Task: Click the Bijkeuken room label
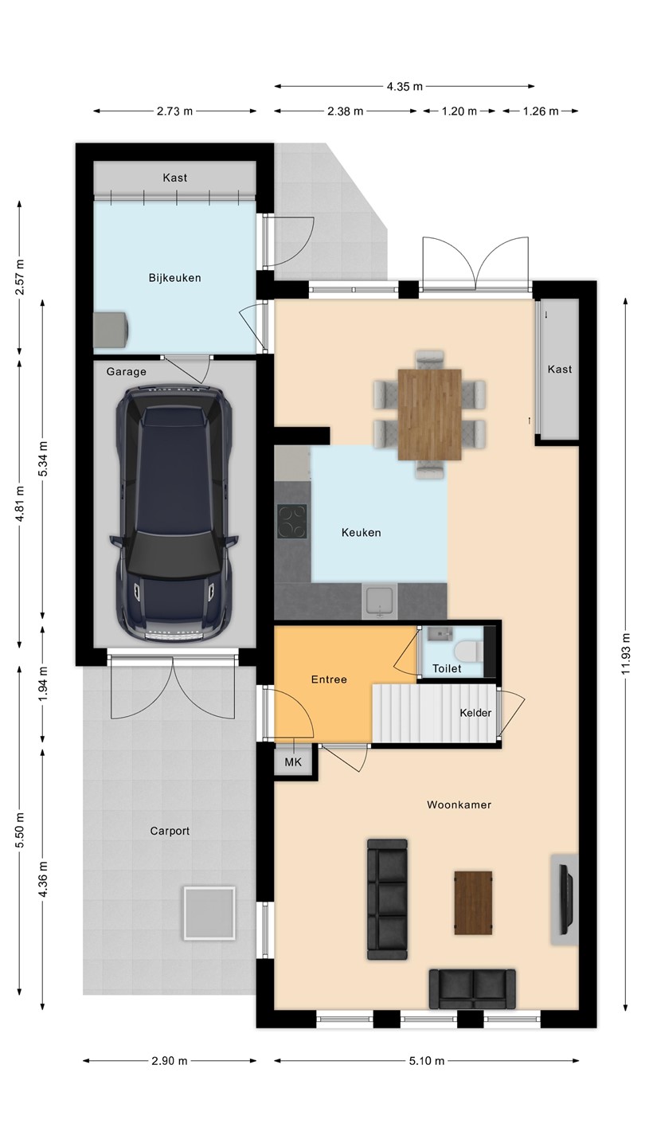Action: [174, 278]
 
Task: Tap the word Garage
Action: [127, 372]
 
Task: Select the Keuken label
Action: [361, 533]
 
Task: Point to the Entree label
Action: [329, 679]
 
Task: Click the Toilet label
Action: [447, 668]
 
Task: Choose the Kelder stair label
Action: [475, 713]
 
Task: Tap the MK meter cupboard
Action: [293, 762]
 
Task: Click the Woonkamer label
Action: [459, 804]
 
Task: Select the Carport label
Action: [170, 831]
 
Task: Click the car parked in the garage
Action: [174, 514]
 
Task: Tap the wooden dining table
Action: [429, 414]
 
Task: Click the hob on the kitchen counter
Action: [292, 521]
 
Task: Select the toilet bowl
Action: [467, 652]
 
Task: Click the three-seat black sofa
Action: [388, 899]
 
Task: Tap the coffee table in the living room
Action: [474, 903]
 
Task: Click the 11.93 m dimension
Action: [625, 653]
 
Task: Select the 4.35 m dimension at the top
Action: [405, 87]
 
